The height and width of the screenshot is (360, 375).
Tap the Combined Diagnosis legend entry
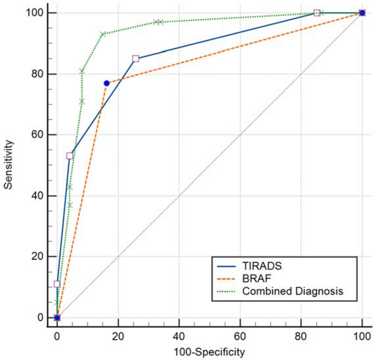292,291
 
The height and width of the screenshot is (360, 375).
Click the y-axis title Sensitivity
8,163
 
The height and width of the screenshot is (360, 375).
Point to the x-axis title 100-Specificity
209,351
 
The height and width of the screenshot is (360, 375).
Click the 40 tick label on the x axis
179,337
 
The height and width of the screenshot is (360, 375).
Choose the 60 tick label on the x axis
240,337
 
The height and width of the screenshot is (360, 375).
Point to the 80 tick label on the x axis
301,337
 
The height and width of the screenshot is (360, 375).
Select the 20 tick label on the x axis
118,337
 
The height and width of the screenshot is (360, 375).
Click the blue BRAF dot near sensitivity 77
106,83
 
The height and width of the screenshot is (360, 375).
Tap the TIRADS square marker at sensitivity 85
135,59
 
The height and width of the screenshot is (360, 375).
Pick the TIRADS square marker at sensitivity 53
70,156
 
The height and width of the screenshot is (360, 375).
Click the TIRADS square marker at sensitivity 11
57,284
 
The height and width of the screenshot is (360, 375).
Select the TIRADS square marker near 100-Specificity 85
317,13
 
